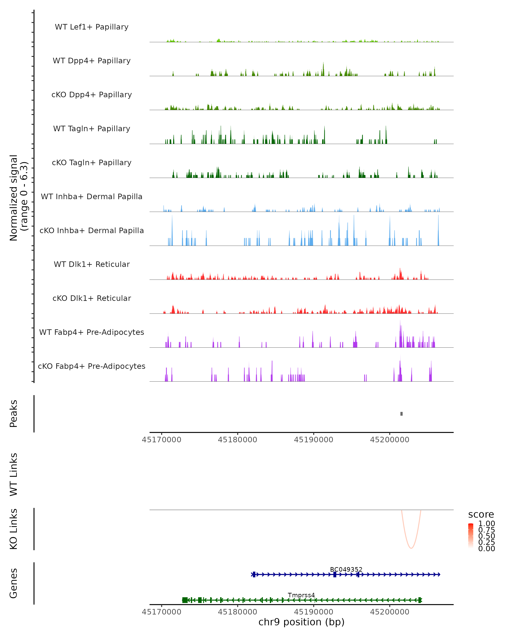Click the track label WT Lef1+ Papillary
[x=92, y=27]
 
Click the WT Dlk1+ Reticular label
[x=92, y=264]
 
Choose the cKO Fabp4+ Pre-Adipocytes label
[x=92, y=366]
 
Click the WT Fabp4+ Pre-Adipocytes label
[x=92, y=332]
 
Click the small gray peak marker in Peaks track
[x=401, y=414]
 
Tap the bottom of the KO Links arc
[x=411, y=548]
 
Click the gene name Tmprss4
[x=301, y=595]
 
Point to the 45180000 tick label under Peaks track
[x=237, y=440]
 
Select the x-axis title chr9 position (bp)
[x=301, y=622]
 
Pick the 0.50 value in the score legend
[x=486, y=536]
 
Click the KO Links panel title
[x=14, y=529]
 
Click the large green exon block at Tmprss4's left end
[x=185, y=600]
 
